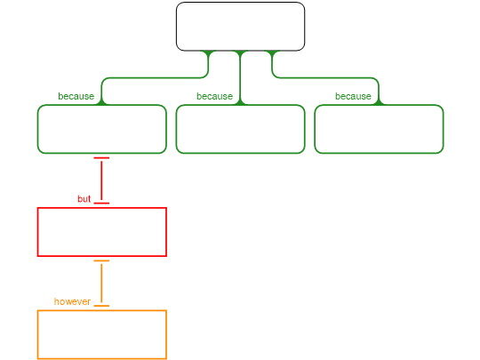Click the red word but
click(x=84, y=199)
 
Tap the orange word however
click(x=72, y=301)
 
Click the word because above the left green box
click(x=76, y=96)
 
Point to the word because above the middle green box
click(x=214, y=96)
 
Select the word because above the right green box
click(x=353, y=96)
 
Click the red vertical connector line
click(x=101, y=180)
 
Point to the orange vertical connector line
click(x=101, y=284)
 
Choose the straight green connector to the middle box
click(x=240, y=77)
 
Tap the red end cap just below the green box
click(x=101, y=158)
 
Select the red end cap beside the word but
click(x=101, y=203)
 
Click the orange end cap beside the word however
click(x=101, y=306)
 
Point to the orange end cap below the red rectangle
click(x=101, y=260)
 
